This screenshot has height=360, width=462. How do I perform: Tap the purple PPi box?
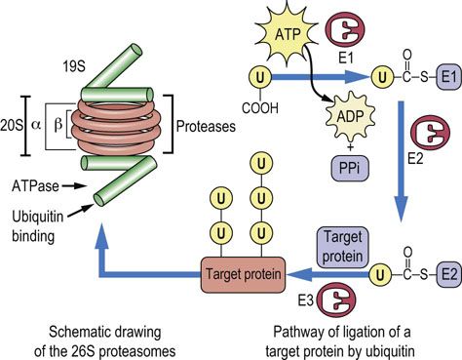[x=350, y=168]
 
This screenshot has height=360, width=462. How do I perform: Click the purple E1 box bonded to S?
[x=449, y=77]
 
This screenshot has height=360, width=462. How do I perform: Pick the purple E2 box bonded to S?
[x=449, y=275]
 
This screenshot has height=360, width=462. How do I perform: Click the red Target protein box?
[x=243, y=274]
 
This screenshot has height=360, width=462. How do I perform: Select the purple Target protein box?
[x=342, y=247]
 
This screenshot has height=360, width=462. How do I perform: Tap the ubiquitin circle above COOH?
[x=260, y=77]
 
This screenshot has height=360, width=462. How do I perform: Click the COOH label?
[x=260, y=108]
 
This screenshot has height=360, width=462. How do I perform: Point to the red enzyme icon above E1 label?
[x=345, y=29]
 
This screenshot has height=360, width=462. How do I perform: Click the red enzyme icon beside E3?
[x=336, y=300]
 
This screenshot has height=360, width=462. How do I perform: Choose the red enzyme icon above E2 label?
[x=430, y=133]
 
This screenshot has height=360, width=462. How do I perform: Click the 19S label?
[x=74, y=66]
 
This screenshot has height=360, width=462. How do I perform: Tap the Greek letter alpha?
[x=36, y=125]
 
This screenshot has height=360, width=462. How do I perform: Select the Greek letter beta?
[x=58, y=125]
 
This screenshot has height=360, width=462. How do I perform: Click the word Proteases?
[x=206, y=126]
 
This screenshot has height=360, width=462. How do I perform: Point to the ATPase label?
[x=35, y=186]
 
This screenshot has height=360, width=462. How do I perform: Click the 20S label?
[x=12, y=125]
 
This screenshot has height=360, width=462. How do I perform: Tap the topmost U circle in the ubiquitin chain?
[x=261, y=164]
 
